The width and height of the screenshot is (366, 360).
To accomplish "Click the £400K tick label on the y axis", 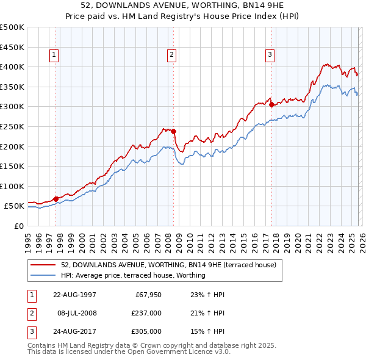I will click(12, 67).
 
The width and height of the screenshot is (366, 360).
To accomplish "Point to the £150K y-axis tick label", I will click(12, 166).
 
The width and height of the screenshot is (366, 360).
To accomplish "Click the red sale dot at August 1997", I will click(56, 198).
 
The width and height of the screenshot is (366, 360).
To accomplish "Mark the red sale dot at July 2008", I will click(173, 131).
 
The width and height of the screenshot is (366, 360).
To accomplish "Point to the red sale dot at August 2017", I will click(271, 104).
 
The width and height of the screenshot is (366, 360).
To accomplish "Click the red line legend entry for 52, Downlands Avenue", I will click(168, 265).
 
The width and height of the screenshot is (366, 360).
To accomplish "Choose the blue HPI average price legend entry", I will click(133, 275).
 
